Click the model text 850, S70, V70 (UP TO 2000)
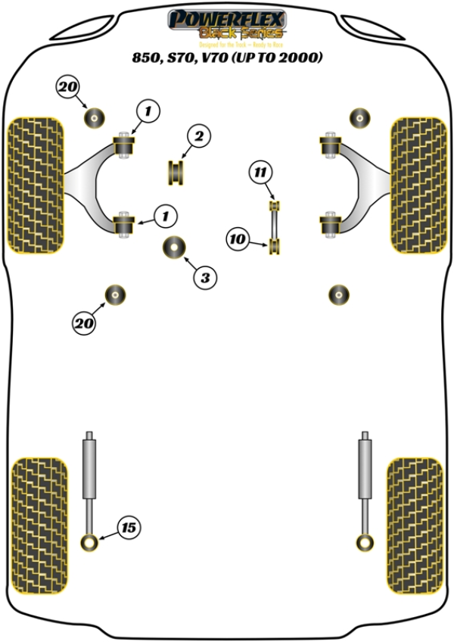coord(226,57)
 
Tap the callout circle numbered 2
coord(198,137)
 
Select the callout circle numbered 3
coord(204,278)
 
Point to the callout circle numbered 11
coord(261,173)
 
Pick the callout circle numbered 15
coord(129,527)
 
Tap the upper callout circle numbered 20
coord(67,88)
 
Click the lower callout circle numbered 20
coord(83,324)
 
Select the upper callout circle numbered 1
coord(148,113)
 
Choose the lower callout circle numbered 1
coord(163,217)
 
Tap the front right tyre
coord(418,185)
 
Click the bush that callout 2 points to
coord(177,173)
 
